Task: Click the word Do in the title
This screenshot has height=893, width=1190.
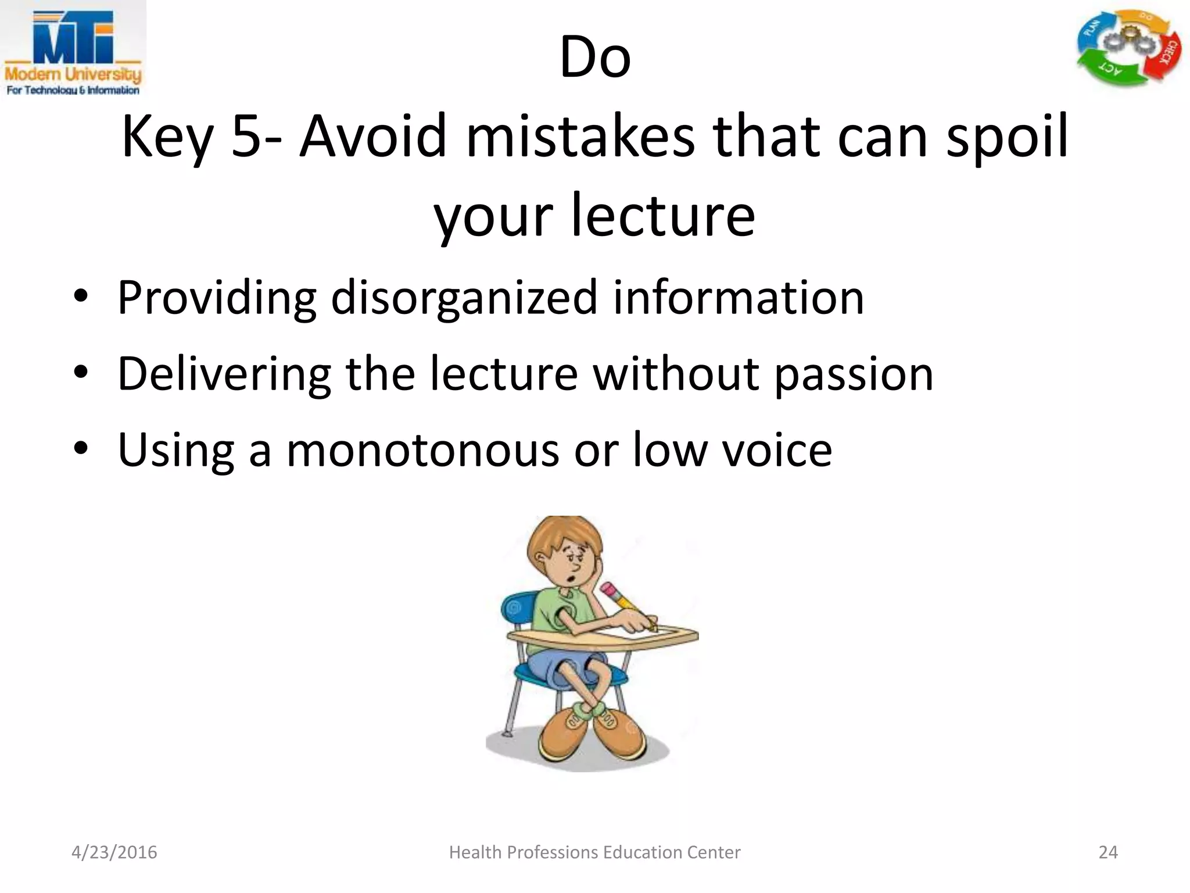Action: coord(594,58)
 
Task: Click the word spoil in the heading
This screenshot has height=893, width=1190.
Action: coord(1007,137)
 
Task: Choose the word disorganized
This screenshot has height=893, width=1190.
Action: coord(464,298)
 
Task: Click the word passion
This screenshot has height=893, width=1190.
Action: coord(854,374)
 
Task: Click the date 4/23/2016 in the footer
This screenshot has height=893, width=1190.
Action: coord(114,852)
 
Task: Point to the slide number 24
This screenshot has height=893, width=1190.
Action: coord(1107,852)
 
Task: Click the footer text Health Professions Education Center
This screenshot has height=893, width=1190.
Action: coord(594,852)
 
